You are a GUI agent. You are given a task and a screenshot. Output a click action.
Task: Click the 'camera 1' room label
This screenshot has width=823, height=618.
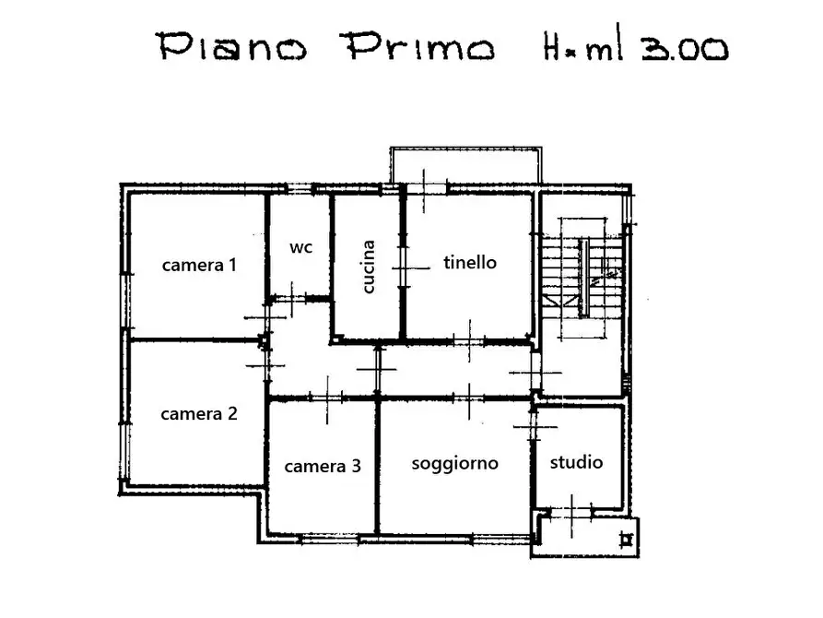[199, 266]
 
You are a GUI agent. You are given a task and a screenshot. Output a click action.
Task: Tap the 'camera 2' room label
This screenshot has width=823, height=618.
[199, 414]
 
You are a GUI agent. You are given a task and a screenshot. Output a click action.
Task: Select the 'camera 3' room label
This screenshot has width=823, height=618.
[322, 467]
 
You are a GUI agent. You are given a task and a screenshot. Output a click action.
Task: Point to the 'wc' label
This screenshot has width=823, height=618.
[300, 247]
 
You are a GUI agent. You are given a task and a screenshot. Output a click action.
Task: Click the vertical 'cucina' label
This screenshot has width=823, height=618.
[369, 267]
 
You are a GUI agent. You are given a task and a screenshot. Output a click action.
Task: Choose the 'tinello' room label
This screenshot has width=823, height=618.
[469, 263]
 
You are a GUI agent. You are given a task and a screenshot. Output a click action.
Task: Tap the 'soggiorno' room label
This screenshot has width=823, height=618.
[454, 463]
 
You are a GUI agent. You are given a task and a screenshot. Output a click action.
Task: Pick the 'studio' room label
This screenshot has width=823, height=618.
[576, 462]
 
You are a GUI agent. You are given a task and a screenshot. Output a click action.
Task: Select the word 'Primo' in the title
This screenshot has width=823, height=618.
[418, 46]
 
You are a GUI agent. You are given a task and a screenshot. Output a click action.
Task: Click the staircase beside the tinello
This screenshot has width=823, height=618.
[582, 277]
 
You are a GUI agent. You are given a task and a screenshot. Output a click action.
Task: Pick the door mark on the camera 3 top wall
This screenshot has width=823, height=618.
[328, 398]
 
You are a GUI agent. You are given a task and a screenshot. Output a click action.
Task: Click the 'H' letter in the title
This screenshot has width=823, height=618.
[550, 46]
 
